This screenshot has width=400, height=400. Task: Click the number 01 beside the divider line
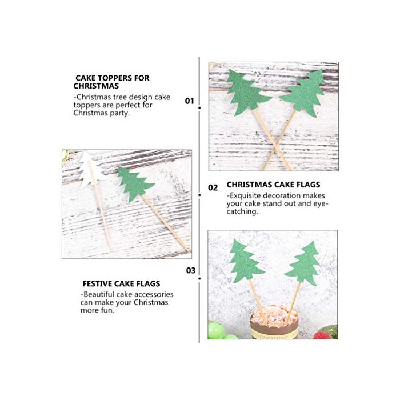pyautogui.click(x=190, y=101)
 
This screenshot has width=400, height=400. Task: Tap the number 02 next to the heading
pyautogui.click(x=213, y=188)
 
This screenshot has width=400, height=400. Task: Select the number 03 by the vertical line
pyautogui.click(x=191, y=270)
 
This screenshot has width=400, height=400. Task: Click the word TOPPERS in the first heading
pyautogui.click(x=114, y=78)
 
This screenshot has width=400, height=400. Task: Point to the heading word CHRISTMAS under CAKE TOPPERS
pyautogui.click(x=96, y=86)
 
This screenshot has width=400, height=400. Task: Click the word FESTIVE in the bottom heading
pyautogui.click(x=97, y=283)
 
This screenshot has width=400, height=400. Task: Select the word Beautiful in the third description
pyautogui.click(x=98, y=294)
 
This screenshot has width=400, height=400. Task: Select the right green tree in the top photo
pyautogui.click(x=304, y=93)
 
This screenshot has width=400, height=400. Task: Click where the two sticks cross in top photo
pyautogui.click(x=276, y=146)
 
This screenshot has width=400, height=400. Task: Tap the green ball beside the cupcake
pyautogui.click(x=217, y=330)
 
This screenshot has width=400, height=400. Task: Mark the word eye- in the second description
pyautogui.click(x=321, y=204)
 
